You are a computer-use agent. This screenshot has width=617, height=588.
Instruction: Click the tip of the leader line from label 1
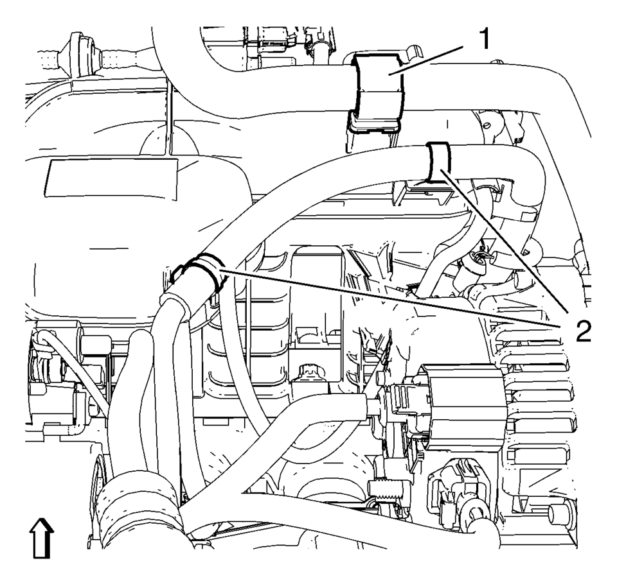click(388, 73)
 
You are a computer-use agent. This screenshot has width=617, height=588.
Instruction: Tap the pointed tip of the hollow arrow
click(41, 519)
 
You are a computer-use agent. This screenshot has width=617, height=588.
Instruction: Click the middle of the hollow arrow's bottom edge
click(42, 557)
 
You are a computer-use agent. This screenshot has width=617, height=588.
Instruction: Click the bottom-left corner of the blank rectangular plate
click(44, 196)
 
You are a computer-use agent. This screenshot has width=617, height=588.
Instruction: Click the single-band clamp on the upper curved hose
click(439, 162)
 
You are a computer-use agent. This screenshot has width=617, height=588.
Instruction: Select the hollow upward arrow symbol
click(42, 538)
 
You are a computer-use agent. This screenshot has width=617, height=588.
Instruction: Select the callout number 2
click(583, 330)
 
